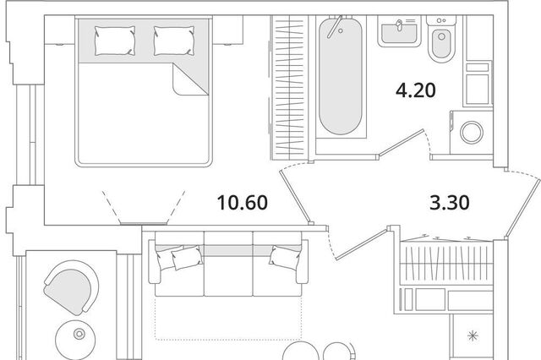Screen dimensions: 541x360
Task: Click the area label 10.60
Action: coord(243,203)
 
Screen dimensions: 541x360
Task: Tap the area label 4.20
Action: coord(415,90)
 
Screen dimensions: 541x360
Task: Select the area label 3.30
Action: coord(449,203)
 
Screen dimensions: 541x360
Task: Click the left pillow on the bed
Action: coord(115,41)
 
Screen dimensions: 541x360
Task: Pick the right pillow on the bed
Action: coord(174,41)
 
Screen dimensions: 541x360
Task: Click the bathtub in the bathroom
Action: coord(341,76)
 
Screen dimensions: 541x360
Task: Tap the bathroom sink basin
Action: coord(400,32)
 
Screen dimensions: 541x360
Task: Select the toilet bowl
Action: coord(441,44)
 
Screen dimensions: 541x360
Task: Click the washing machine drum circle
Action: coord(472,133)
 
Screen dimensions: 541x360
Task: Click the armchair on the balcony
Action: coord(71,286)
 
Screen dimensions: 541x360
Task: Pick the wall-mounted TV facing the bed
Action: coord(143,224)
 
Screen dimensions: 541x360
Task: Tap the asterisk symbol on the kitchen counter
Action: coord(473,335)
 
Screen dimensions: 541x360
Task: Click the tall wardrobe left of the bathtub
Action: coord(288,88)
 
